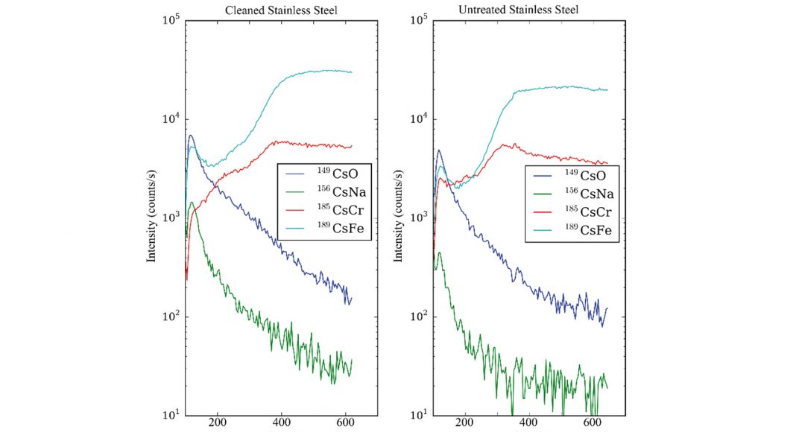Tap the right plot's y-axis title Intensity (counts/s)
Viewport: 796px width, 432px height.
coord(399,217)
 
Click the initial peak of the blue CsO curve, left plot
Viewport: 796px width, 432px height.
coord(192,136)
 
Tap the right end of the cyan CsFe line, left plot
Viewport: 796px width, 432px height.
coord(351,72)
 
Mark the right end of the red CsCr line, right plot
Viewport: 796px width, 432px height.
coord(608,164)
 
